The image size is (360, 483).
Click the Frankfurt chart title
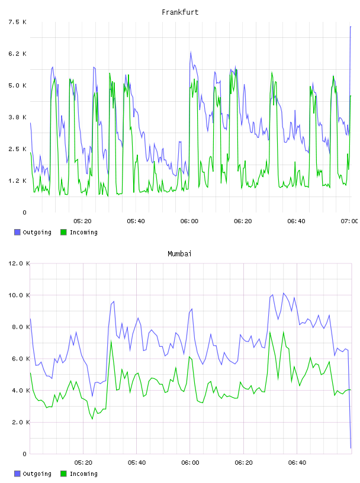coord(180,12)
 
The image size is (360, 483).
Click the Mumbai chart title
coord(179,254)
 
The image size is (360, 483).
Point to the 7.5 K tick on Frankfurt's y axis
coord(17,22)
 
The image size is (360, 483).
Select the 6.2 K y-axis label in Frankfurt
coord(17,54)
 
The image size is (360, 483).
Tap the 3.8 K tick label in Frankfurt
coord(17,117)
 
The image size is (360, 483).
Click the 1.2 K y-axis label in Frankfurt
coord(17,181)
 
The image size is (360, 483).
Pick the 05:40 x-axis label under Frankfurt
coord(136,221)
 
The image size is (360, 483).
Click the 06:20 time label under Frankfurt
coord(243,221)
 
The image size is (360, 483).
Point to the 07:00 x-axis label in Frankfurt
coord(349,221)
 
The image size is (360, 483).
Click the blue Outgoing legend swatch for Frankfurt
coord(17,232)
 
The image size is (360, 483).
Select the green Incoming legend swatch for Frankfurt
coord(63,232)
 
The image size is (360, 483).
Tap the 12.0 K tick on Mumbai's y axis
coord(19,263)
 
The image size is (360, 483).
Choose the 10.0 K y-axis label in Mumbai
coord(19,295)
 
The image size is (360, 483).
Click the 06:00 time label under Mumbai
coord(190,462)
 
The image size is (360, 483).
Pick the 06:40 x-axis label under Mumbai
coord(297,462)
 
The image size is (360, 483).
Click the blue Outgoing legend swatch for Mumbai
coord(17,474)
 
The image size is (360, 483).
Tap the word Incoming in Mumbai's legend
coord(83,474)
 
